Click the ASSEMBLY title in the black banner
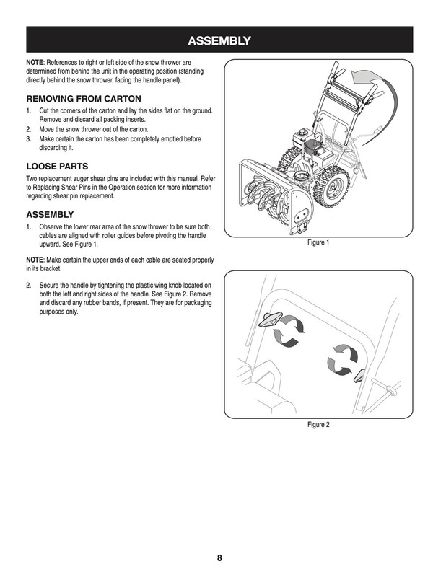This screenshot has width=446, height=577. click(x=222, y=40)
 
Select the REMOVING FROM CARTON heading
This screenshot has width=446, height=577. click(x=84, y=98)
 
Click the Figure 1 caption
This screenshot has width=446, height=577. click(x=318, y=243)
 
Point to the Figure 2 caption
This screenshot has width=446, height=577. click(x=318, y=425)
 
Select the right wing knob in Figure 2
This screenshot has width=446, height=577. click(x=361, y=375)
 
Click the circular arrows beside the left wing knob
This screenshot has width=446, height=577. click(x=291, y=332)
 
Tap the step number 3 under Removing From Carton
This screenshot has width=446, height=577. click(x=29, y=138)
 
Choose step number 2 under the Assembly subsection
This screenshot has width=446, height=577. click(x=29, y=286)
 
